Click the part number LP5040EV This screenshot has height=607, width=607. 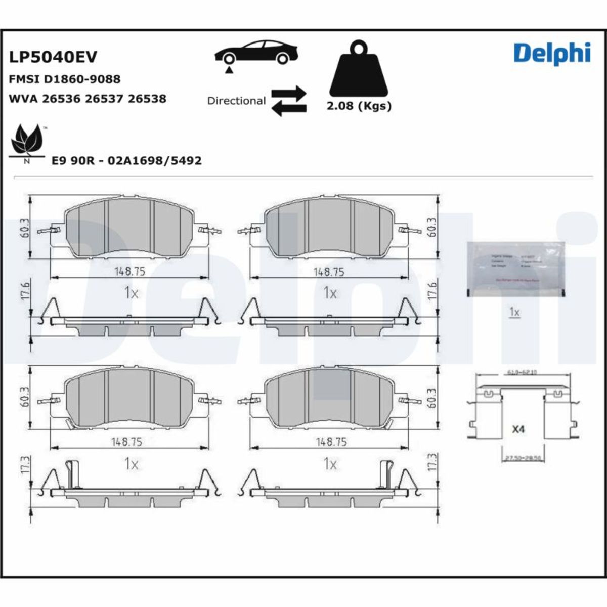pos(53,57)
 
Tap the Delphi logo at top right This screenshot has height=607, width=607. pos(552,53)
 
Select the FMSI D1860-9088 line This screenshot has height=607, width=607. pos(65,79)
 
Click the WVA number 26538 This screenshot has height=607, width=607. pos(147,99)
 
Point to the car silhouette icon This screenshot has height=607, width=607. pos(256,52)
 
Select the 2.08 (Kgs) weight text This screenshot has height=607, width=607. pos(359,106)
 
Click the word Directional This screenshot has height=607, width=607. pos(236,101)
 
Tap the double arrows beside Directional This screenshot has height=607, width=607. pos(289,101)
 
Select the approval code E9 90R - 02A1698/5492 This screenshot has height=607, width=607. pos(127,161)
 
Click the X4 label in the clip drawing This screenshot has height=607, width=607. pos(518,429)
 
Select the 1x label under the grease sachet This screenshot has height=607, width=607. pos(514,313)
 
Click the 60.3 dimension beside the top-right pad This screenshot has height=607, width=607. pos(431,228)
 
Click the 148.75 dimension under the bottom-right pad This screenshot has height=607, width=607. pos(331,442)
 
